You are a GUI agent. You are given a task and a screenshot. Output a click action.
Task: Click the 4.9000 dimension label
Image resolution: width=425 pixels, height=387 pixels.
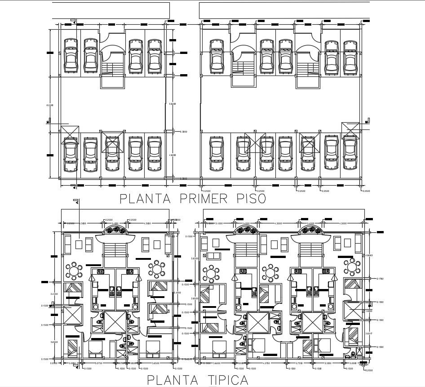pos(172,156)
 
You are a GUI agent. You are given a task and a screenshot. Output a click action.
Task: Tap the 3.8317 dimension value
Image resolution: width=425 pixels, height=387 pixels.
pos(369,333)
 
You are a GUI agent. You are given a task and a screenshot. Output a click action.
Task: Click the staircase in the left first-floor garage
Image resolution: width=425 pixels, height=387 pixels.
pos(111,67)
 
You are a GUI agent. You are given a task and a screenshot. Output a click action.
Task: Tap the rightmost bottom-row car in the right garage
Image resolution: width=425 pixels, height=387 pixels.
pos(350,154)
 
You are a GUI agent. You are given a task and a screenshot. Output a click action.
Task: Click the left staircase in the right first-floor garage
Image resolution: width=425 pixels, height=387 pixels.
pos(243,67)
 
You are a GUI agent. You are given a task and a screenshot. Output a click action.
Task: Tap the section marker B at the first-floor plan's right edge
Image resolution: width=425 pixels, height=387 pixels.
pos(367,121)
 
